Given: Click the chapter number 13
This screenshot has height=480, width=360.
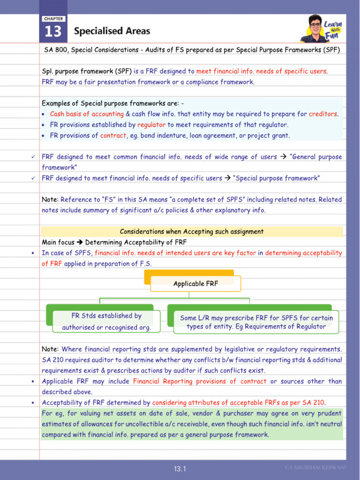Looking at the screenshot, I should [53, 31].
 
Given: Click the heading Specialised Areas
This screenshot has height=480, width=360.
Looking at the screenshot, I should [112, 31].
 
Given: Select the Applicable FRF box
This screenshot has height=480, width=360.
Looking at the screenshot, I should [195, 284].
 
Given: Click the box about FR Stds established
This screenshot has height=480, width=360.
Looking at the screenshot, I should [106, 322].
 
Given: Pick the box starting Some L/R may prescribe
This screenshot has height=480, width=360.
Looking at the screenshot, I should [256, 322].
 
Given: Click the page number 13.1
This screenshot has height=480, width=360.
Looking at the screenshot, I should [180, 469].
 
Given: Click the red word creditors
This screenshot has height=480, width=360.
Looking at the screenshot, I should [323, 114].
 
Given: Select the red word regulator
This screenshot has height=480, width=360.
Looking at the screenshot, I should [151, 125].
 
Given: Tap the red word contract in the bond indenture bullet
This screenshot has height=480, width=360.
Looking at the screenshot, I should [113, 135].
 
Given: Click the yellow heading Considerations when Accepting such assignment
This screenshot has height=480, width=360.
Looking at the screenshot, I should [192, 232].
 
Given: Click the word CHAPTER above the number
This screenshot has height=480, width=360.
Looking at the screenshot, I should [53, 19].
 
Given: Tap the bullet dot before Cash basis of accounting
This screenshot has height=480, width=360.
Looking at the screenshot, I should [44, 114].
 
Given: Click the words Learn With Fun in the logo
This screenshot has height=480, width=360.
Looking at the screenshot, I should [333, 30].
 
